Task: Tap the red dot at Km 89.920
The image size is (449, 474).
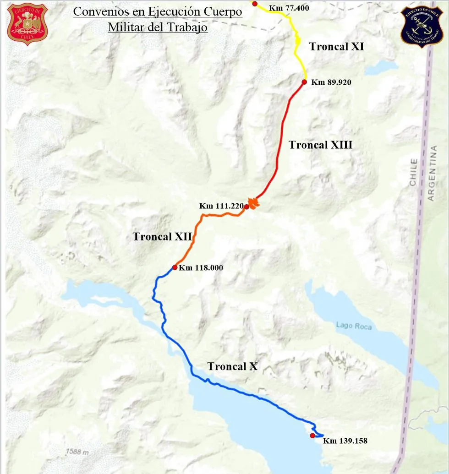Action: pos(304,82)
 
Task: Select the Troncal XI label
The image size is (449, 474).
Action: pos(336,46)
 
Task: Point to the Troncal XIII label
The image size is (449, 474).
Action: pos(320,145)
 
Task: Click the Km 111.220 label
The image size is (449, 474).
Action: pos(221,206)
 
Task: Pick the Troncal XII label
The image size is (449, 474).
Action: pos(162,236)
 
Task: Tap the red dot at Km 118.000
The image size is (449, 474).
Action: pos(175,267)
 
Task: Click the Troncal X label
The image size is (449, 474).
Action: pos(232,366)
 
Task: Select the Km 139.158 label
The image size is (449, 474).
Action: pos(345,441)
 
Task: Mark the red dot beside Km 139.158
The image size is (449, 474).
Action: pos(312,435)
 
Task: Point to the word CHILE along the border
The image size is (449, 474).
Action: pos(414,172)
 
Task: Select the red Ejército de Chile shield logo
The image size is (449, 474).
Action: pos(27,24)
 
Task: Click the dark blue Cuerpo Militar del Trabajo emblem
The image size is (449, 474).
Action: pos(421,26)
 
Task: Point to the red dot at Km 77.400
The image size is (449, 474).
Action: pos(255,4)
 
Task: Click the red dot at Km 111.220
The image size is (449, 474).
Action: pos(246,207)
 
